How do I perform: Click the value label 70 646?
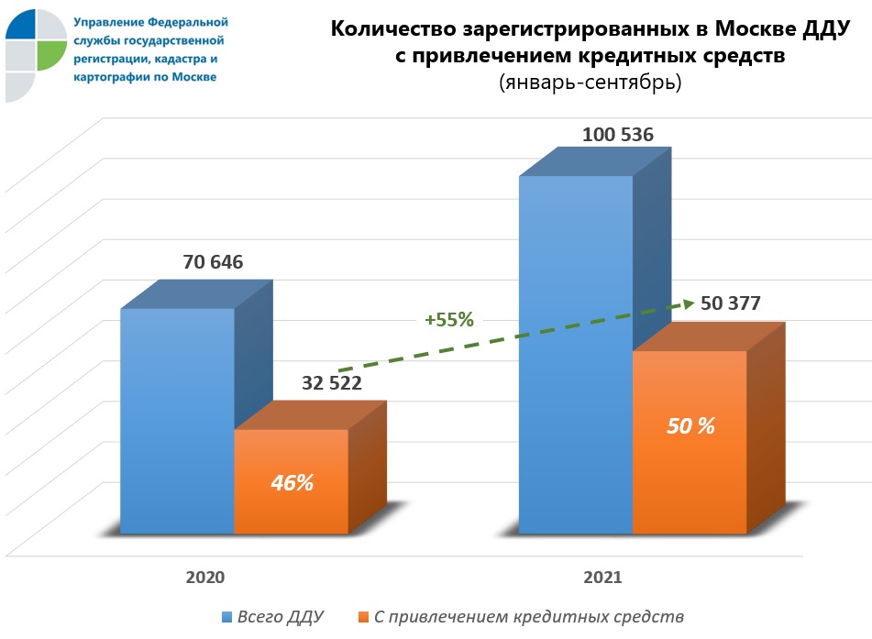pos(213,262)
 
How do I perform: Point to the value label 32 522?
pos(332,383)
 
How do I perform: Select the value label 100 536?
pos(618,136)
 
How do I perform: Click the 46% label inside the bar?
pos(292,482)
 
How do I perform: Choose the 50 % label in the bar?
pos(690,426)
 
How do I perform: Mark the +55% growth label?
pos(448,320)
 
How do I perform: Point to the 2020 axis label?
pos(205,578)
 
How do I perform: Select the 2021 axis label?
pos(602,578)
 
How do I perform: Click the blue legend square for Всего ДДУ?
pos(226,617)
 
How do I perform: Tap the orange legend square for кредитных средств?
pos(364,617)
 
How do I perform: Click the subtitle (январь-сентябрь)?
pos(590,83)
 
